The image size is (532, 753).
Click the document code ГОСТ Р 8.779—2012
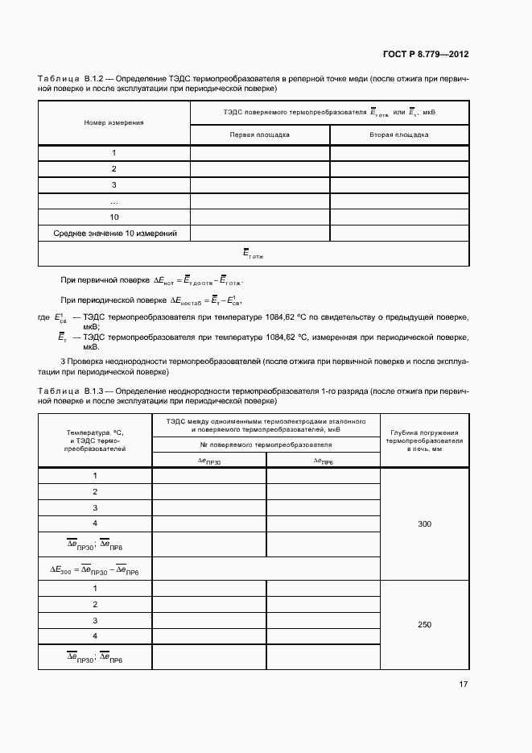(425, 55)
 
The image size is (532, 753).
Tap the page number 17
(464, 684)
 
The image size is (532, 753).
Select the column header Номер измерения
(113, 122)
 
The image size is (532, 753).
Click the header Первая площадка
(260, 134)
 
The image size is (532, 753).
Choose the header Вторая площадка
(398, 134)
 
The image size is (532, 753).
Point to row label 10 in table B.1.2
(113, 217)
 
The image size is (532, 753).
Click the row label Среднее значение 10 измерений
(114, 233)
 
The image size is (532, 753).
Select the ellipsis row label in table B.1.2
(113, 201)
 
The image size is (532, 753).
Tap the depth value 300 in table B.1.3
(425, 523)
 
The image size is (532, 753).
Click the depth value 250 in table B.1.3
(425, 624)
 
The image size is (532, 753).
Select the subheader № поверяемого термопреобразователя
(266, 444)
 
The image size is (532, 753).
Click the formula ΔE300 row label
(94, 569)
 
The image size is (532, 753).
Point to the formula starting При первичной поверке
(153, 280)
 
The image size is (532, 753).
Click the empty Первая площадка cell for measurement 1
(260, 153)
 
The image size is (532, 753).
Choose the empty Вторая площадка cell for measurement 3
(398, 184)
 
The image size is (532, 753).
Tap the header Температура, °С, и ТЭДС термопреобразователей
(94, 441)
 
